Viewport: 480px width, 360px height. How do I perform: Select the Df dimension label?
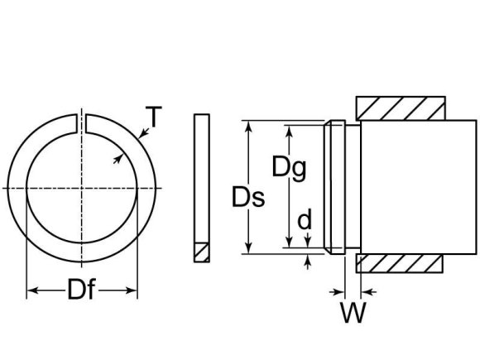coord(81,291)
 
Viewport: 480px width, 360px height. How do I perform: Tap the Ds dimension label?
coord(248,198)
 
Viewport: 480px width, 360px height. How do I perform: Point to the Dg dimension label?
coord(290,168)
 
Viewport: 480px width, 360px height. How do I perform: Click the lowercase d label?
coord(305,220)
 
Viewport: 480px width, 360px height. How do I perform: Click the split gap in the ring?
coord(82,122)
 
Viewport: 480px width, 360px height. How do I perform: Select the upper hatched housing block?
coord(401,108)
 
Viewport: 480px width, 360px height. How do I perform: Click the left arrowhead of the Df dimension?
coord(32,290)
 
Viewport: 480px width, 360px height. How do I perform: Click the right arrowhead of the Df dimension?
coord(132,290)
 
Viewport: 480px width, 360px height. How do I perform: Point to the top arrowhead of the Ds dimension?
coord(248,125)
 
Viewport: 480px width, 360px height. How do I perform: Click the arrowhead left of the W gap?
coord(338,290)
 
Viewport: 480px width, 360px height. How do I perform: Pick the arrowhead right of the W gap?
coord(366,290)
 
